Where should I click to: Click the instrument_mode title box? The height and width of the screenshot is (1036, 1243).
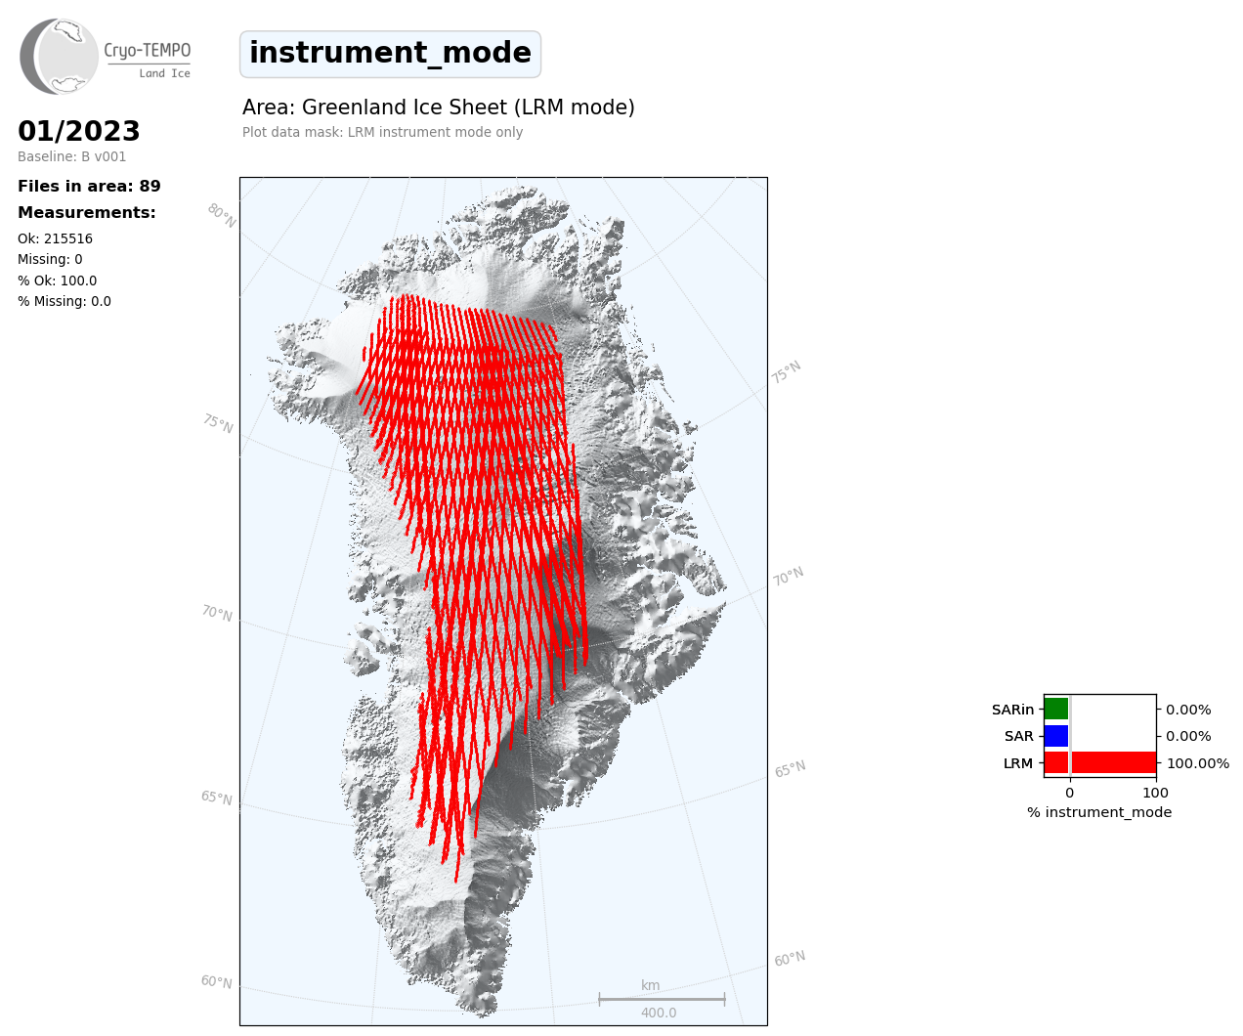pyautogui.click(x=390, y=54)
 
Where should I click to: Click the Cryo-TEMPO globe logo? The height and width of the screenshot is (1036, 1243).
pyautogui.click(x=59, y=56)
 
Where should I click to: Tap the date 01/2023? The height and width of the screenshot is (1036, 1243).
pyautogui.click(x=78, y=131)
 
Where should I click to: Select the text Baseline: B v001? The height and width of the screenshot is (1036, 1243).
pyautogui.click(x=72, y=156)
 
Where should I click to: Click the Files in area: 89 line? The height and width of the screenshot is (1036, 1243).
pyautogui.click(x=89, y=186)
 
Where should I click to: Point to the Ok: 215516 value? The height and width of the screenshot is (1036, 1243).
pyautogui.click(x=56, y=238)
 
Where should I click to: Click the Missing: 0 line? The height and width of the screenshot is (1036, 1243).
pyautogui.click(x=50, y=259)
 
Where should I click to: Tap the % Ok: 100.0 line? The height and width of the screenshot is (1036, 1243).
pyautogui.click(x=57, y=281)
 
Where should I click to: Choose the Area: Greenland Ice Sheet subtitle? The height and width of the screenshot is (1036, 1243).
pyautogui.click(x=438, y=108)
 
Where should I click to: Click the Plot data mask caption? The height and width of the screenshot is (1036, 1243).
pyautogui.click(x=382, y=132)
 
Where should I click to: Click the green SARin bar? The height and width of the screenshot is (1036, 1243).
pyautogui.click(x=1056, y=709)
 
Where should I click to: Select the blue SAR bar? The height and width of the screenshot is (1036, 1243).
pyautogui.click(x=1056, y=736)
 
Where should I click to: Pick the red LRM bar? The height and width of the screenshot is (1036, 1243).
pyautogui.click(x=1100, y=762)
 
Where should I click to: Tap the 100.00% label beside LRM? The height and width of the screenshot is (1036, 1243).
pyautogui.click(x=1198, y=763)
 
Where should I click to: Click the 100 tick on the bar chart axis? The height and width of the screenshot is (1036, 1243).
pyautogui.click(x=1155, y=793)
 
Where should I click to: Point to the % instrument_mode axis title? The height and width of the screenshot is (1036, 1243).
pyautogui.click(x=1099, y=812)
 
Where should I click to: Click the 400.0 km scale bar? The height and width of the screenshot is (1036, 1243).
pyautogui.click(x=662, y=999)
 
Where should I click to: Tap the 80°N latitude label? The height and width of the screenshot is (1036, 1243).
pyautogui.click(x=222, y=216)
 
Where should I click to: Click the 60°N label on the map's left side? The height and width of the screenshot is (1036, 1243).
pyautogui.click(x=217, y=982)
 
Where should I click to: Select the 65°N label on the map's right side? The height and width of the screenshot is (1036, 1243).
pyautogui.click(x=790, y=769)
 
